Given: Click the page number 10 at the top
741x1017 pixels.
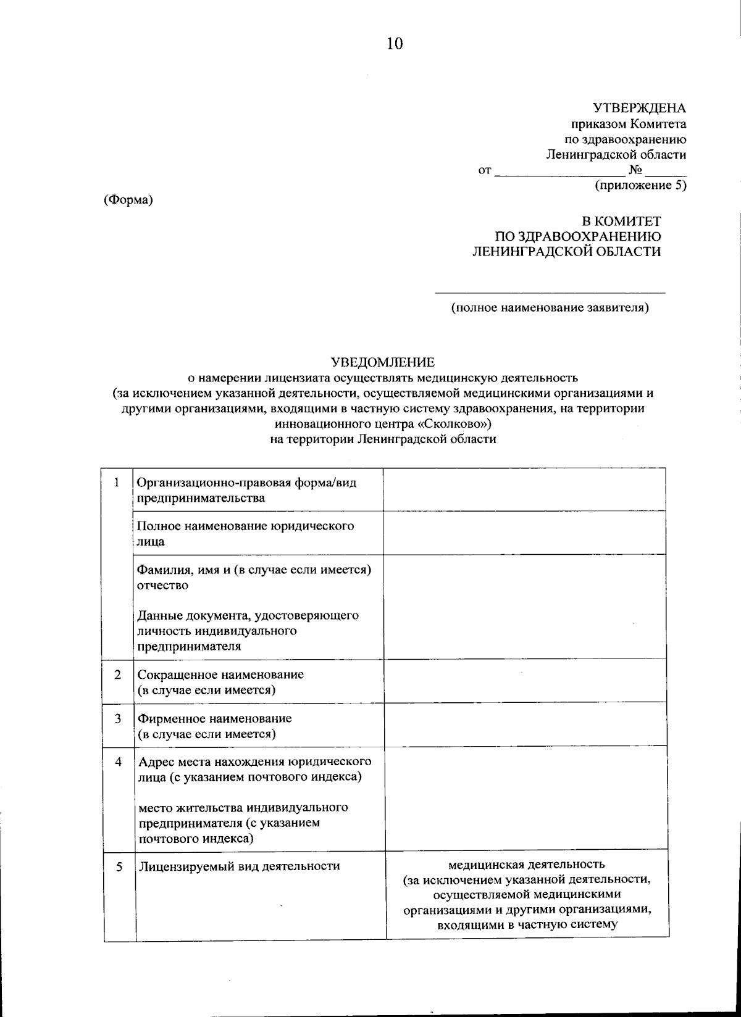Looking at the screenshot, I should click(395, 43).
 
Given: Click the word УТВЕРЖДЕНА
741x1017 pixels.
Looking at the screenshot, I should click(639, 109).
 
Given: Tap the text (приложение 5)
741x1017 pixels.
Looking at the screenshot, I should click(640, 185).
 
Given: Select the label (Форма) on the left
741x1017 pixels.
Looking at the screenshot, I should click(128, 200).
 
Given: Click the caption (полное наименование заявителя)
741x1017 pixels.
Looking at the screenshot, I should click(550, 307).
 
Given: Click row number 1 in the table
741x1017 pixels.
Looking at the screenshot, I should click(117, 483).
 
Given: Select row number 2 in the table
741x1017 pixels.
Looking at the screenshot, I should click(117, 675).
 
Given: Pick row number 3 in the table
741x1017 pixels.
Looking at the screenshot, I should click(117, 719).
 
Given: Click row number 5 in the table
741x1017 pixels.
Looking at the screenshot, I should click(119, 866).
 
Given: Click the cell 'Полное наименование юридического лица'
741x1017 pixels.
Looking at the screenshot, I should click(245, 534).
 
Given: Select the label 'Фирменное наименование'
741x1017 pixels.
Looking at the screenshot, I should click(214, 719).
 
